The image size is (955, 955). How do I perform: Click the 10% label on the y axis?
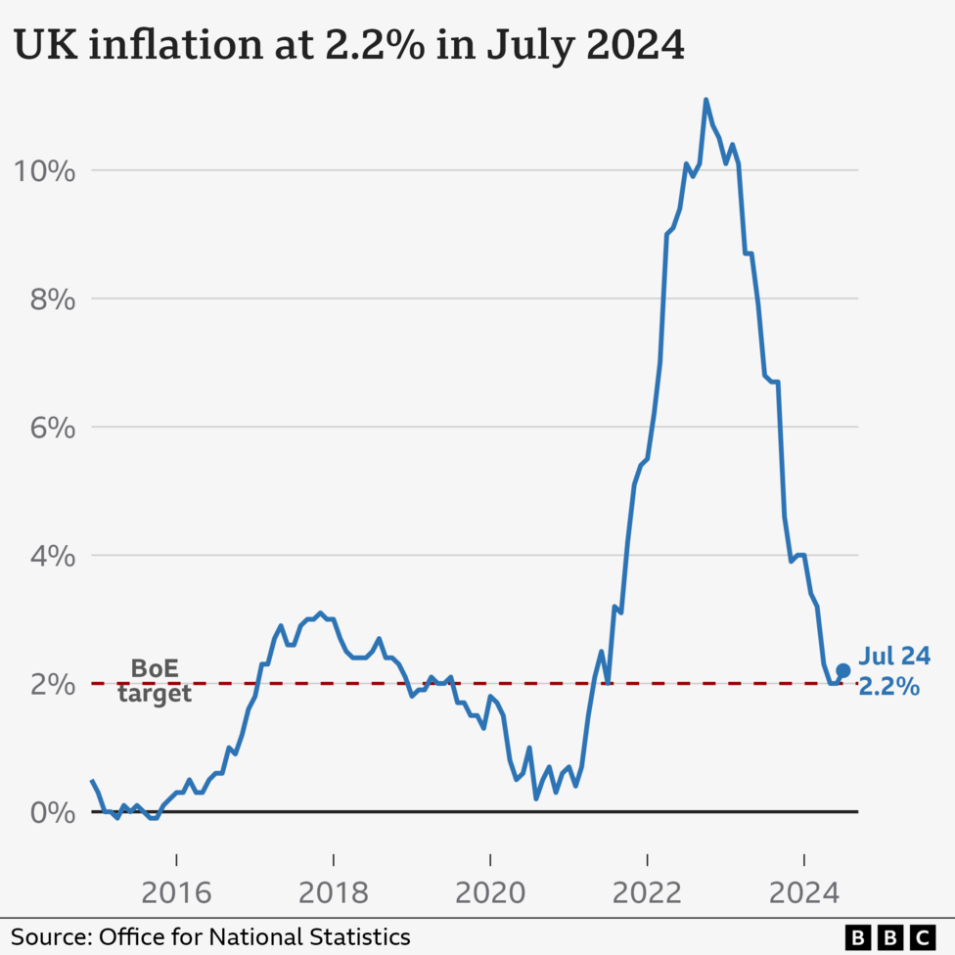[x=44, y=171]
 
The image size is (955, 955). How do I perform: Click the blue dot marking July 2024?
[x=842, y=670]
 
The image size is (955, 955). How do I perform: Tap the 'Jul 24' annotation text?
[x=894, y=657]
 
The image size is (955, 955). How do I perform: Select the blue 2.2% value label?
[x=888, y=687]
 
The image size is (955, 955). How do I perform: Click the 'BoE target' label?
[x=155, y=682]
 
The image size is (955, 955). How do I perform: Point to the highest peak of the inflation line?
[x=705, y=100]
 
